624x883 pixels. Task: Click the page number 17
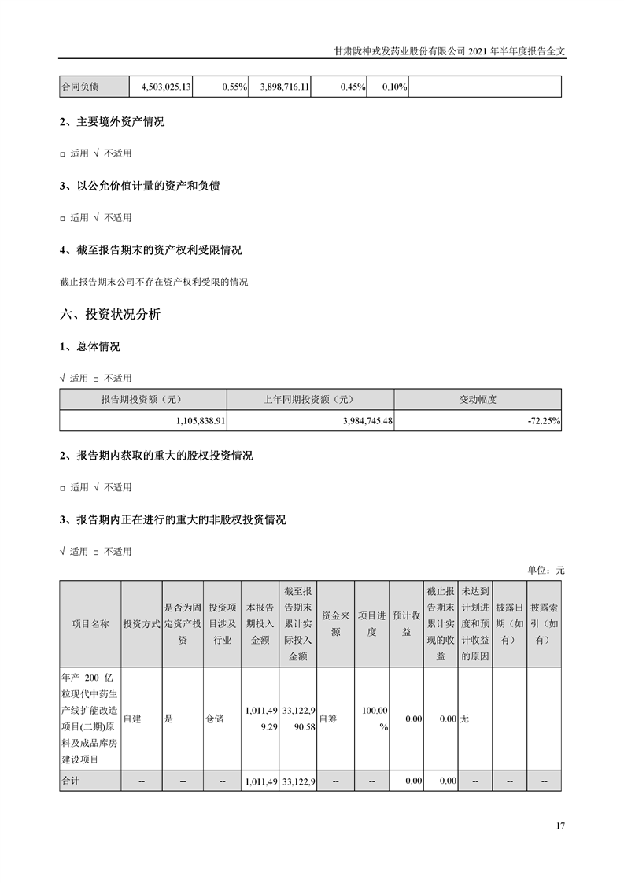[x=560, y=826]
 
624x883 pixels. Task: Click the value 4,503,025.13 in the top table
[x=166, y=87]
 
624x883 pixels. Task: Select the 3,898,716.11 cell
[x=282, y=87]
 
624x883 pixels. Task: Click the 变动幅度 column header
[x=478, y=399]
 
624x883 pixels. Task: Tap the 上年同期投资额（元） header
[x=310, y=399]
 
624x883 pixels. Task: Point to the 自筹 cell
[x=328, y=719]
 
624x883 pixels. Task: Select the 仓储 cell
[x=214, y=719]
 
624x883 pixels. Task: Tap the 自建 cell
[x=132, y=719]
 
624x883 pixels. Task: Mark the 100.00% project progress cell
[x=375, y=719]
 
